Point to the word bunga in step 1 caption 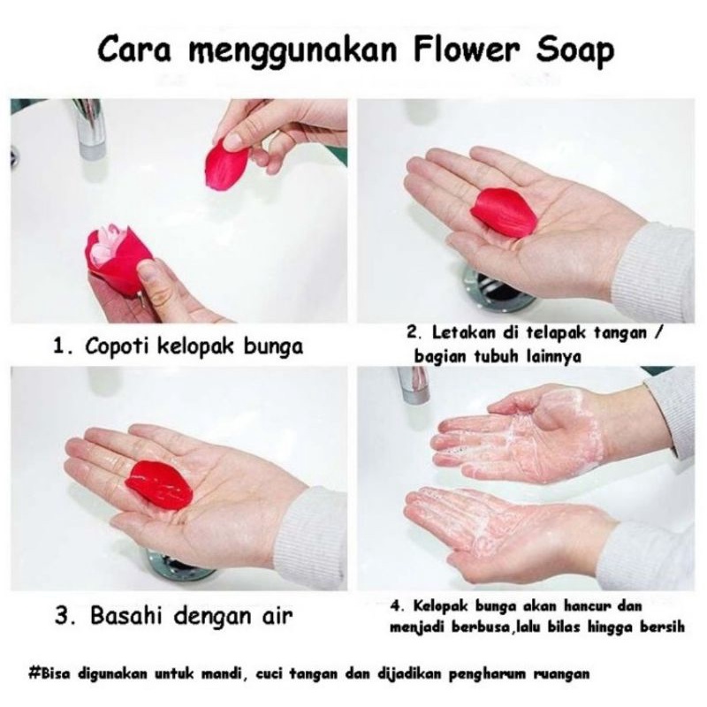[x=273, y=347]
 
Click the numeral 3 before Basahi [x=62, y=616]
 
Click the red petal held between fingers [x=227, y=163]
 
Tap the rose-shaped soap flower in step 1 [x=117, y=261]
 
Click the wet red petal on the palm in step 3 [x=159, y=484]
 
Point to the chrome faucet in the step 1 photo [x=91, y=128]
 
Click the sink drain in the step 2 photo [x=500, y=291]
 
